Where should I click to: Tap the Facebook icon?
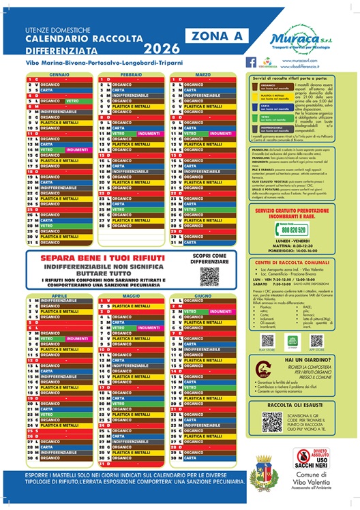[x=252, y=62]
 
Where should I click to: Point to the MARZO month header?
[x=202, y=74]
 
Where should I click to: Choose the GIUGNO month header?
[x=202, y=296]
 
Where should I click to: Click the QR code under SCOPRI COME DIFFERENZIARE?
[x=210, y=275]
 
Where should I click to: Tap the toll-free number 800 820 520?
[x=296, y=232]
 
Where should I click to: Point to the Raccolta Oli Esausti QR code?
[x=272, y=421]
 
